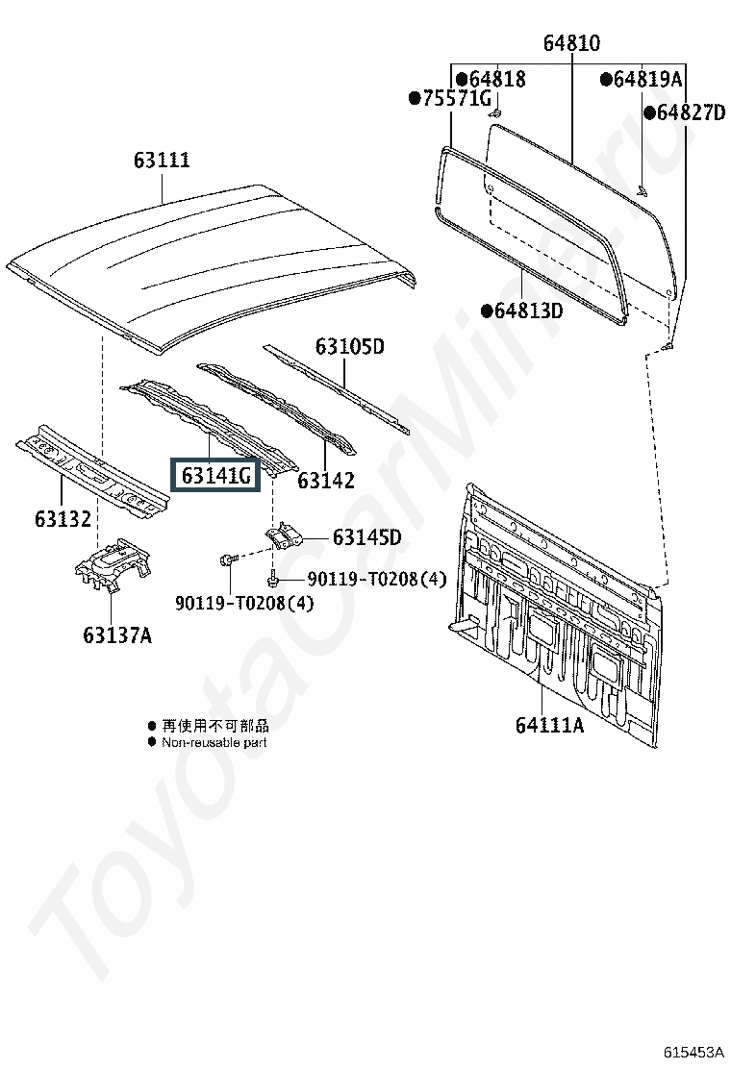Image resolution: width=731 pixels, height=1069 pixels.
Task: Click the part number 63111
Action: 162,162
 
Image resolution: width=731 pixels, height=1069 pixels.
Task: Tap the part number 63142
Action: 326,480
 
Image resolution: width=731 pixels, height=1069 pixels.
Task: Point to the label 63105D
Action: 350,346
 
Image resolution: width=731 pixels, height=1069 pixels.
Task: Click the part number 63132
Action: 63,519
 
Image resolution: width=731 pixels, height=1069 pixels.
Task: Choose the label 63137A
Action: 116,634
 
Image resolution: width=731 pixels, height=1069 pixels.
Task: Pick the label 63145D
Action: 367,537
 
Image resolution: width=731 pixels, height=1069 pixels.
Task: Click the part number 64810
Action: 571,43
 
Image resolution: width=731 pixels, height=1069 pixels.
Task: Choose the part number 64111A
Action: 549,724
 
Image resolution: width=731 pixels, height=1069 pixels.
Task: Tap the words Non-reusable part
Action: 214,742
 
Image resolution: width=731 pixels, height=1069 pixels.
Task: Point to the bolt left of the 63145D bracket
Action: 229,559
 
